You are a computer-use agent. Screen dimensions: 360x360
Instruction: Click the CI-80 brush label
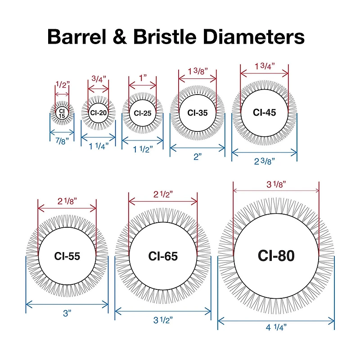[x=276, y=256]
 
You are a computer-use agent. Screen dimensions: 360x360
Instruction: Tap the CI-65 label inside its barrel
[x=163, y=256]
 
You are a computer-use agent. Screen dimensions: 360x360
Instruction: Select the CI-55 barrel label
[x=67, y=256]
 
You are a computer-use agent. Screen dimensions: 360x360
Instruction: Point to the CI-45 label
[x=264, y=112]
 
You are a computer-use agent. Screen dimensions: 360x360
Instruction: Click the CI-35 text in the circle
[x=198, y=113]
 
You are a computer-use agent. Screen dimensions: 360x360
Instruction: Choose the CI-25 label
[x=143, y=113]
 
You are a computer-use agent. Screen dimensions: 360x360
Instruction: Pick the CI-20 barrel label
[x=98, y=113]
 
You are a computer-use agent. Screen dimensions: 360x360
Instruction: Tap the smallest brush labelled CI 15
[x=62, y=113]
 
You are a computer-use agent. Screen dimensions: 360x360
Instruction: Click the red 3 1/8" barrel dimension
[x=276, y=184]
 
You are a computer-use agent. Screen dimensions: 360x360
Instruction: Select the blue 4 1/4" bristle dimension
[x=276, y=327]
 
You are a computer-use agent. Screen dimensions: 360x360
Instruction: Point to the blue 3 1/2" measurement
[x=163, y=320]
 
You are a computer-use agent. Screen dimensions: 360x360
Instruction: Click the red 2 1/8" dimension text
[x=67, y=201]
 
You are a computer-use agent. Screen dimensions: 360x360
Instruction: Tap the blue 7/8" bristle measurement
[x=62, y=141]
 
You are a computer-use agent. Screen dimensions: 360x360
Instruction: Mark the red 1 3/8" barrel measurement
[x=198, y=72]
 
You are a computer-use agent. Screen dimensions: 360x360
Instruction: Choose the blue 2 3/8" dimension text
[x=265, y=162]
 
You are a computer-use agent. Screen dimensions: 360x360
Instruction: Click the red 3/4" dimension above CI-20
[x=99, y=79]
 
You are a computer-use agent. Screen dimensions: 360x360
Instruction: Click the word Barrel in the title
[x=77, y=36]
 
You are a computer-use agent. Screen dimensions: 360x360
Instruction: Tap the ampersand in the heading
[x=120, y=37]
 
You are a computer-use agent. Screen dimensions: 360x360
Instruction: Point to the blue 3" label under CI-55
[x=67, y=313]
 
